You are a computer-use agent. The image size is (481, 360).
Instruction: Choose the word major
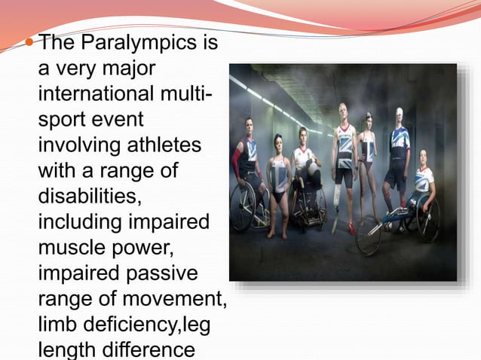127,70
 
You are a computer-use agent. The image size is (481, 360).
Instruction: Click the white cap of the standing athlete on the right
399,112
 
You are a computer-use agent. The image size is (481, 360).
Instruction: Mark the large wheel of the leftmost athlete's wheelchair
242,207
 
